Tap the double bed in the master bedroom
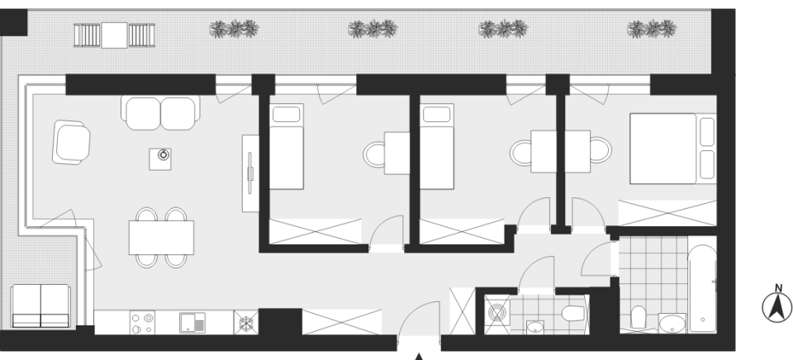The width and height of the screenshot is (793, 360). click(x=672, y=149)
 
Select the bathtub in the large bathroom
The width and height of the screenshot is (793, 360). click(x=703, y=288)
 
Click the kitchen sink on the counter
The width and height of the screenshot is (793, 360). click(x=192, y=323)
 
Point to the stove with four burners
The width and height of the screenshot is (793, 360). click(x=142, y=323)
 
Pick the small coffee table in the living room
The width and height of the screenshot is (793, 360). click(x=160, y=159)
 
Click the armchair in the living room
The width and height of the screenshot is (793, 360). click(x=71, y=142)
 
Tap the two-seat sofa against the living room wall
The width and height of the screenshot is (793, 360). click(x=160, y=112)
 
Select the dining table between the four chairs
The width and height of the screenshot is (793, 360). click(x=161, y=237)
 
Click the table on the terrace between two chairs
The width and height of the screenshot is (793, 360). click(x=114, y=35)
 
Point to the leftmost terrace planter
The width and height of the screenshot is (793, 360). click(x=234, y=29)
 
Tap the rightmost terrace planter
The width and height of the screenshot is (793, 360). click(x=653, y=29)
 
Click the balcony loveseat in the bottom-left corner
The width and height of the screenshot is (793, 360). click(x=40, y=306)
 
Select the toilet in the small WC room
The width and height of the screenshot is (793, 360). click(x=574, y=314)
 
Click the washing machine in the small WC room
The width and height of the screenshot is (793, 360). click(x=497, y=314)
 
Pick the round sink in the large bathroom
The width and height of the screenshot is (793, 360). click(x=672, y=324)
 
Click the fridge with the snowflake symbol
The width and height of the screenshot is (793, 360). click(x=246, y=323)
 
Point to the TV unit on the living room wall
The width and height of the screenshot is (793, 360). click(x=250, y=173)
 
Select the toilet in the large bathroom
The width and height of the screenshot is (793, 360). click(x=639, y=317)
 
